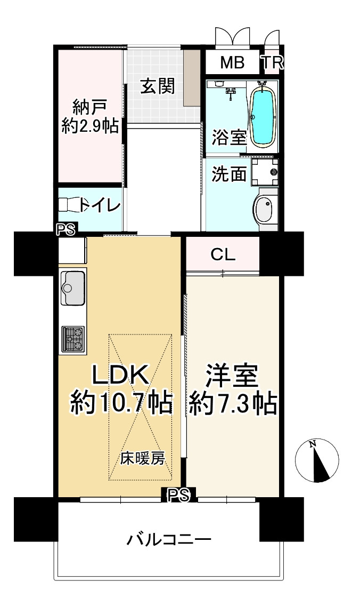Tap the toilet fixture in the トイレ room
click(x=70, y=204)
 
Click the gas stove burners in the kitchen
click(x=73, y=339)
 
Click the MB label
click(x=232, y=62)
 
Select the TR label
click(x=272, y=62)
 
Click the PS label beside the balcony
click(x=178, y=495)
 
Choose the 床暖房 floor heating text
click(x=143, y=458)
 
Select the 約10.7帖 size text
click(x=121, y=404)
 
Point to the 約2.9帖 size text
click(x=91, y=126)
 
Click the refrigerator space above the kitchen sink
click(x=72, y=250)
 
